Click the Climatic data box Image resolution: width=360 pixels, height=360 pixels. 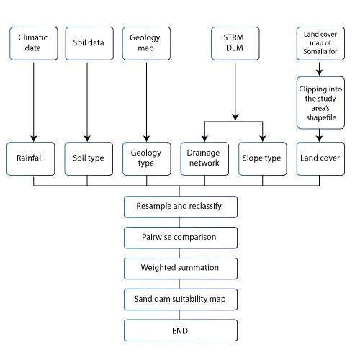point(34,42)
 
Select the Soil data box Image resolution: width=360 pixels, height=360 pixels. point(87,42)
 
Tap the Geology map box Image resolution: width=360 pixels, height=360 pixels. point(146,42)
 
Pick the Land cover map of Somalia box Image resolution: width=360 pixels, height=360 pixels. point(319,42)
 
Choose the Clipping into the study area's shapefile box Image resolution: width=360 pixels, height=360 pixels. point(319,102)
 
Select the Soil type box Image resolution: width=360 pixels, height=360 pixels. point(87,158)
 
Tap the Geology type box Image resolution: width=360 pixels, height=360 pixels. point(146,158)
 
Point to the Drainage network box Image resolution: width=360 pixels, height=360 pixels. point(204,158)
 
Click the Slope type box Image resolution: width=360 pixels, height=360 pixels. point(263,158)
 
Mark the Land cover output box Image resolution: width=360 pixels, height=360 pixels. point(319,158)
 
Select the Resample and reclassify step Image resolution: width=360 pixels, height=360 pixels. point(179,207)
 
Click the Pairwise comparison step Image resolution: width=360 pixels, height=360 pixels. point(179,237)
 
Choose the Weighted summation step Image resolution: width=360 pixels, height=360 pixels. point(179,268)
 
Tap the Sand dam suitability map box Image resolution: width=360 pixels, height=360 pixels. point(179,299)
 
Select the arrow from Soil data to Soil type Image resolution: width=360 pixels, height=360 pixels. point(87,101)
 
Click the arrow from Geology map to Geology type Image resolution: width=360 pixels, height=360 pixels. point(146,101)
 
